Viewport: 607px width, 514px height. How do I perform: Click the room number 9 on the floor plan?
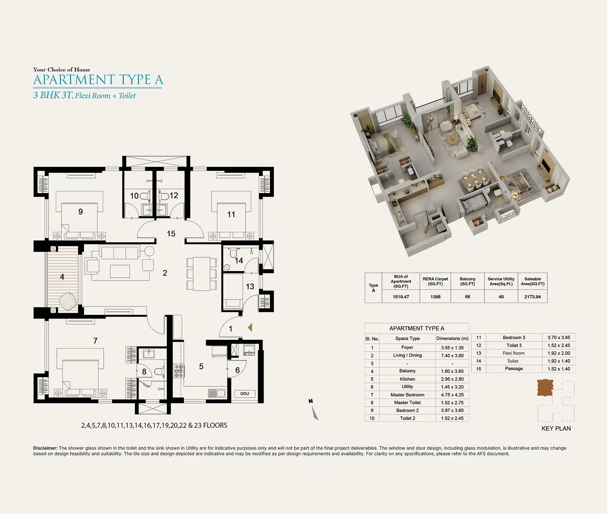click(x=81, y=212)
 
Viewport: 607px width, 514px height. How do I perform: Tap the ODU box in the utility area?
click(x=245, y=394)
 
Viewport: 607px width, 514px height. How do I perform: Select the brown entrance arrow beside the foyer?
click(x=250, y=327)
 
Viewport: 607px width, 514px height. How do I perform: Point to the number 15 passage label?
click(x=171, y=234)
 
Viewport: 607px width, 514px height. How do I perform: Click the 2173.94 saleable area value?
click(x=533, y=297)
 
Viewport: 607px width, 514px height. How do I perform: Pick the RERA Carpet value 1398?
click(x=435, y=297)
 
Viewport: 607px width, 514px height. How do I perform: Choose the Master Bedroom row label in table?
click(x=407, y=395)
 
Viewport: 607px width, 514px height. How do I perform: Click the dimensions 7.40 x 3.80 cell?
click(x=452, y=356)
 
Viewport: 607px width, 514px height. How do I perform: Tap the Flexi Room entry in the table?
click(x=514, y=353)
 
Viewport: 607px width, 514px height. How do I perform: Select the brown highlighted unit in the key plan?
click(x=545, y=388)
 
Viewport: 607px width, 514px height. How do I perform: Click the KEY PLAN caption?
click(x=556, y=429)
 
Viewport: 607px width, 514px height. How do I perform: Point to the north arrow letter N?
click(x=311, y=401)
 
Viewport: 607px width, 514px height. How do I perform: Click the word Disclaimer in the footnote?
click(x=45, y=448)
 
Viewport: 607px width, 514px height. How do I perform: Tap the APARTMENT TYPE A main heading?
click(x=98, y=80)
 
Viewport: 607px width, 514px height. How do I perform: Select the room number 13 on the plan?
click(x=250, y=287)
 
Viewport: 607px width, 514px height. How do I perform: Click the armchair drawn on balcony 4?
click(x=68, y=301)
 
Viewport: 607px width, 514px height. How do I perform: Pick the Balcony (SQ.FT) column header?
click(x=468, y=281)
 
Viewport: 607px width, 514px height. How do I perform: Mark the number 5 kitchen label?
click(x=201, y=366)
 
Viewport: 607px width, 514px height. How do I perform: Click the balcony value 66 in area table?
click(x=468, y=297)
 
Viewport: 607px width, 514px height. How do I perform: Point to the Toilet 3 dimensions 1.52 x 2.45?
click(x=559, y=345)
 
